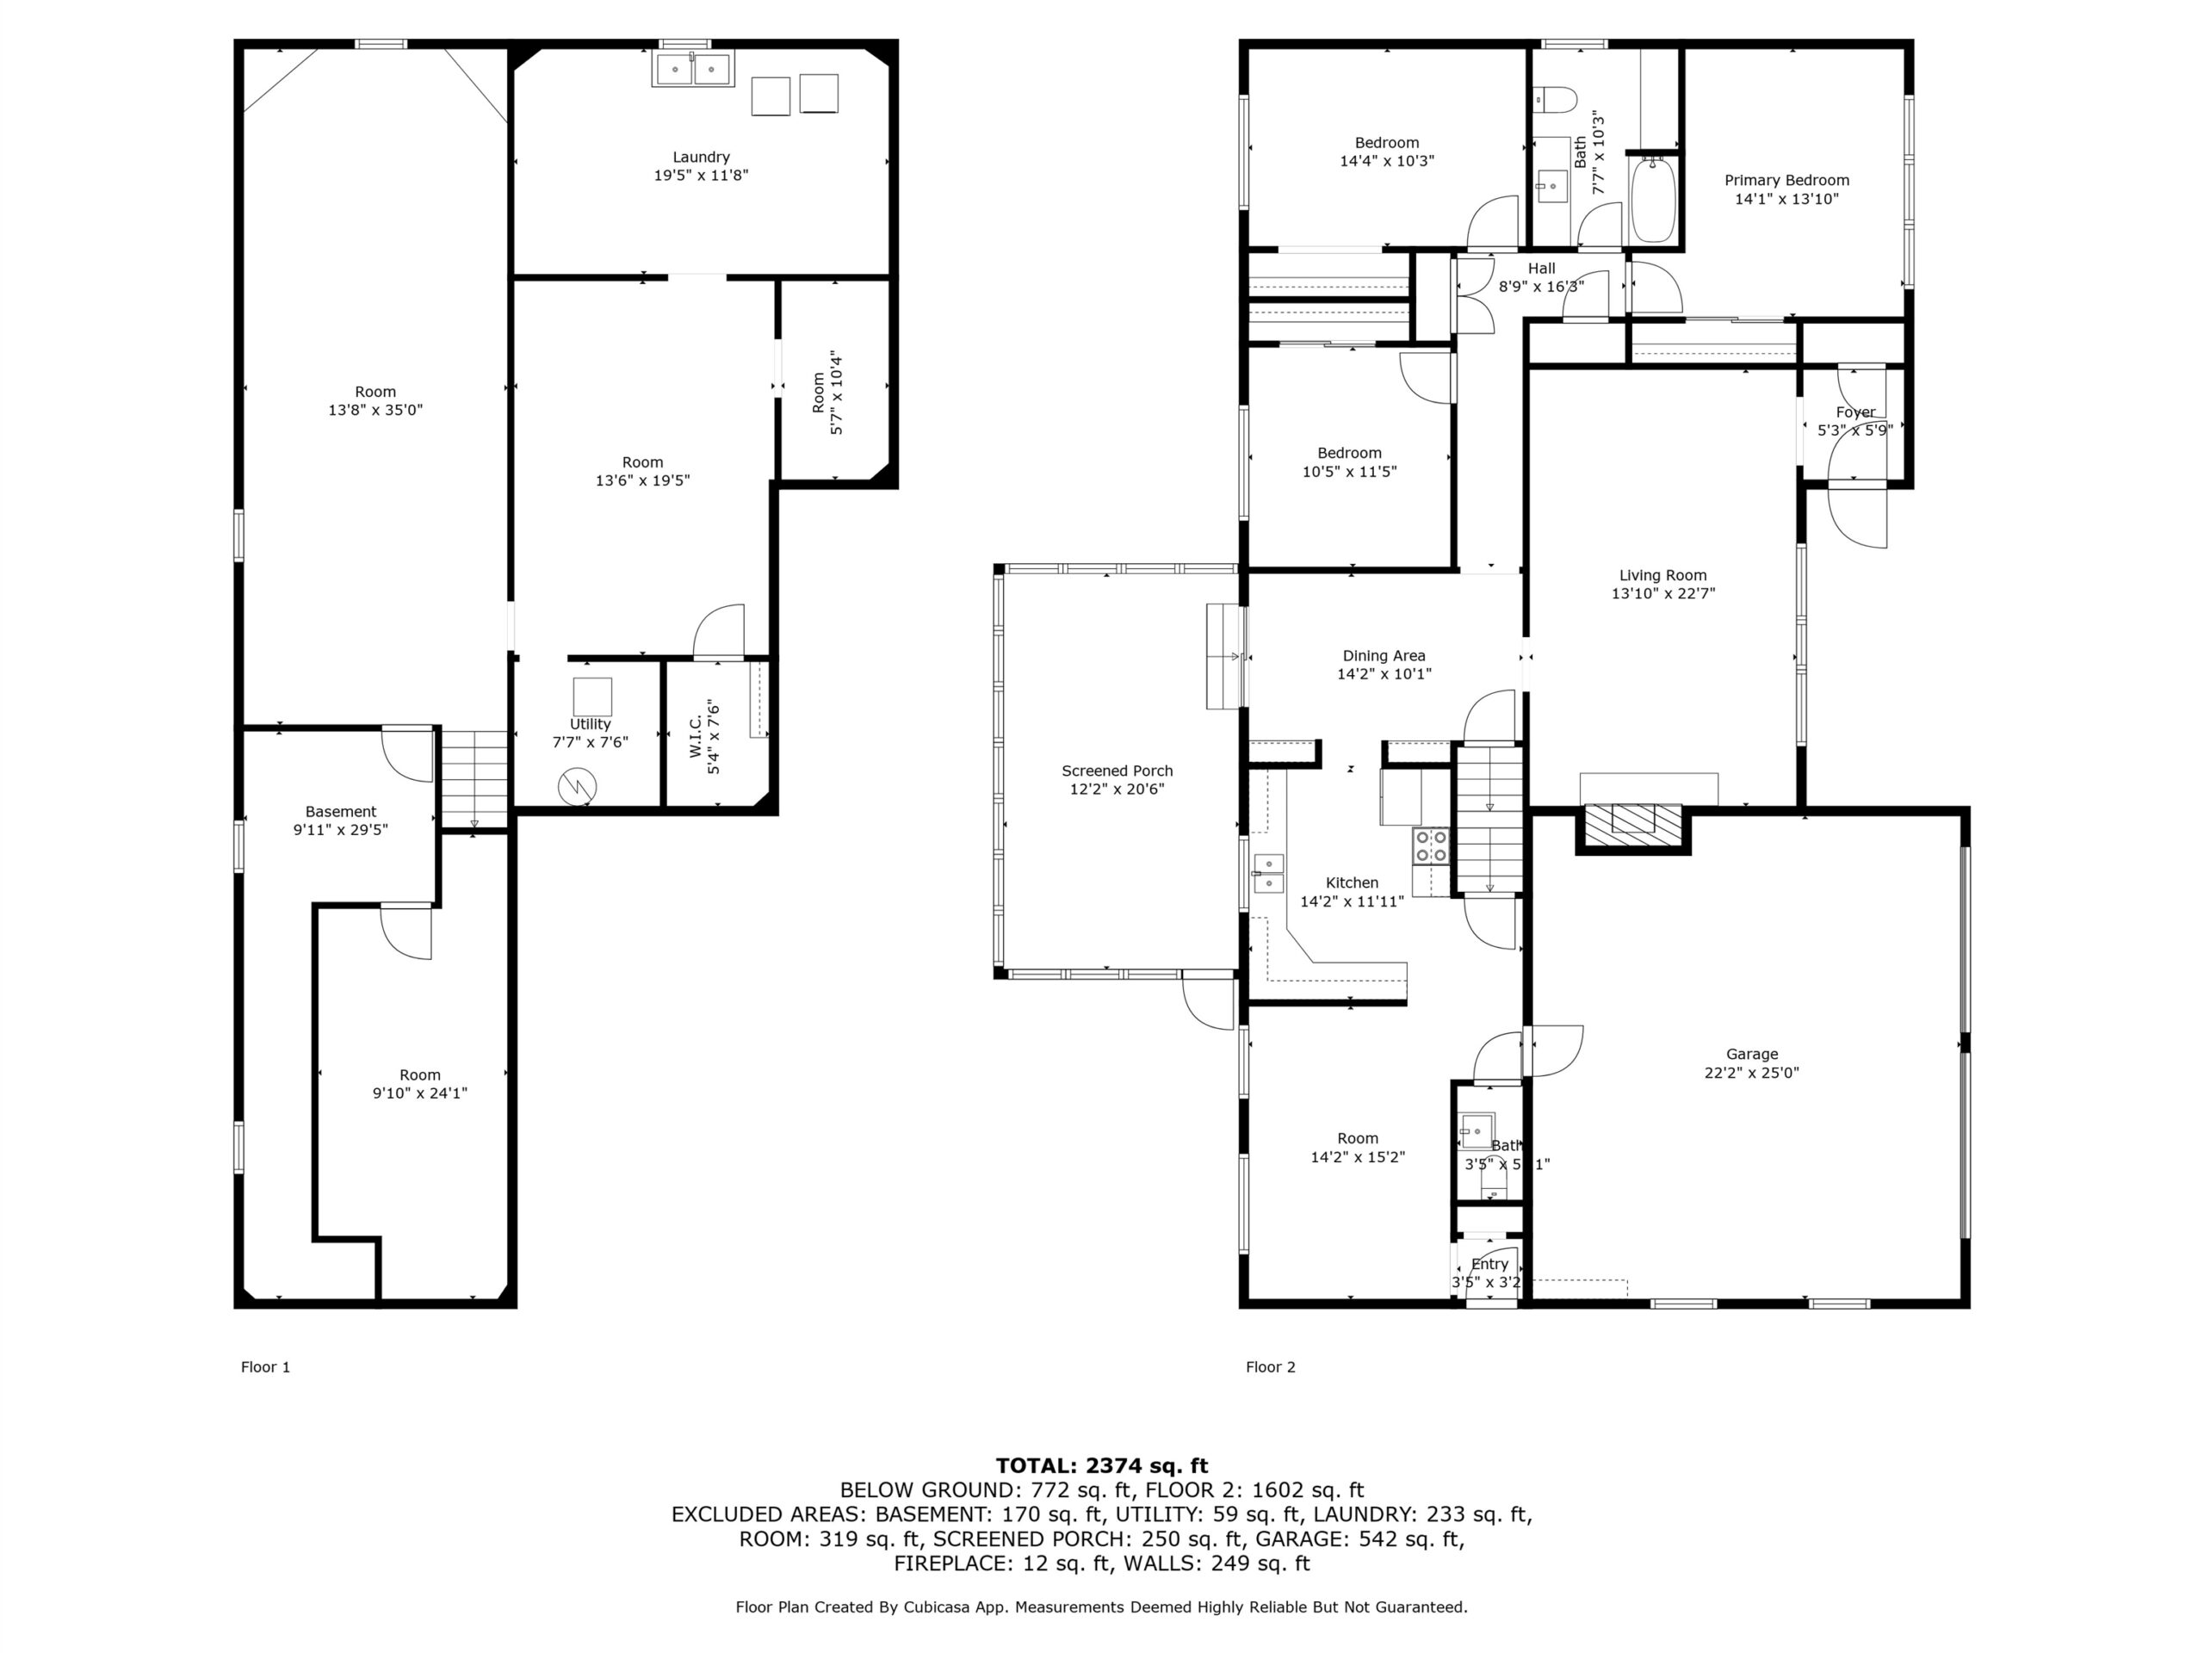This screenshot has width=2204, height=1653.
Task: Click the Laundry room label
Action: click(701, 157)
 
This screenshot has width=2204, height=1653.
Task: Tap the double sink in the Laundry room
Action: click(691, 70)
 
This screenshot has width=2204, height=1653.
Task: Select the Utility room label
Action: click(590, 724)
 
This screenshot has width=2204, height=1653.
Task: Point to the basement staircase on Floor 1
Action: click(475, 779)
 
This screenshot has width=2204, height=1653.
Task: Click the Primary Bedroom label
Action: click(1786, 180)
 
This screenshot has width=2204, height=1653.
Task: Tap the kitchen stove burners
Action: click(1430, 846)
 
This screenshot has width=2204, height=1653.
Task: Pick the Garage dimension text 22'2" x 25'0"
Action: click(1752, 1073)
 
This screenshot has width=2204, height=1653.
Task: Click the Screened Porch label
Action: click(1117, 771)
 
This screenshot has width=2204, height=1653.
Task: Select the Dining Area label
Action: click(1384, 656)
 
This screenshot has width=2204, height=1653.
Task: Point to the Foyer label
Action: click(1855, 412)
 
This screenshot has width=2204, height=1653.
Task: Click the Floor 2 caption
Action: click(1271, 1367)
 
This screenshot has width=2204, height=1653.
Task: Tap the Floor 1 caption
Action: click(265, 1367)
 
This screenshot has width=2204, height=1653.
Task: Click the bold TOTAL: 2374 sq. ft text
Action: click(1101, 1465)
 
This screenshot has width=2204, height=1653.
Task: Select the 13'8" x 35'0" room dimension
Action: click(375, 410)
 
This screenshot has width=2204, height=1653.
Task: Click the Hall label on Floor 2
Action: click(1541, 268)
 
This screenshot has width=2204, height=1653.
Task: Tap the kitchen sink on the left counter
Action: click(1268, 873)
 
